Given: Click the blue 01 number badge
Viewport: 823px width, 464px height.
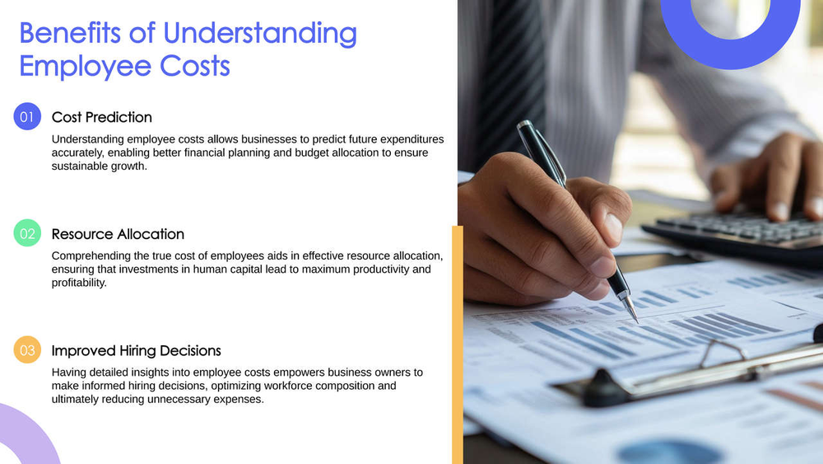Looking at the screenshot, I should tap(27, 117).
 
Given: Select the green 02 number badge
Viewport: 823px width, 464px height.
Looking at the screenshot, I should tap(27, 234).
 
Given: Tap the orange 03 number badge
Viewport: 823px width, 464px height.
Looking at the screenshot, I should tap(27, 351).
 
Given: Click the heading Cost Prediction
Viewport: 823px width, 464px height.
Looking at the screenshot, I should tap(101, 117).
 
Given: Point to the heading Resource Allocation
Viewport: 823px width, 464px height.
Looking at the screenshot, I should tap(118, 234).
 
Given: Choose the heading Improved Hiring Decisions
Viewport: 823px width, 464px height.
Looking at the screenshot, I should tap(136, 351).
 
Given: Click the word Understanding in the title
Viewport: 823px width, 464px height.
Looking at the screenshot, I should tap(260, 33).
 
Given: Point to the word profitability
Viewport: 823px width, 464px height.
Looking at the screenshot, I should tap(79, 283).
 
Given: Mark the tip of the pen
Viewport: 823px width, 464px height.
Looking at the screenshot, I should tap(635, 321).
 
